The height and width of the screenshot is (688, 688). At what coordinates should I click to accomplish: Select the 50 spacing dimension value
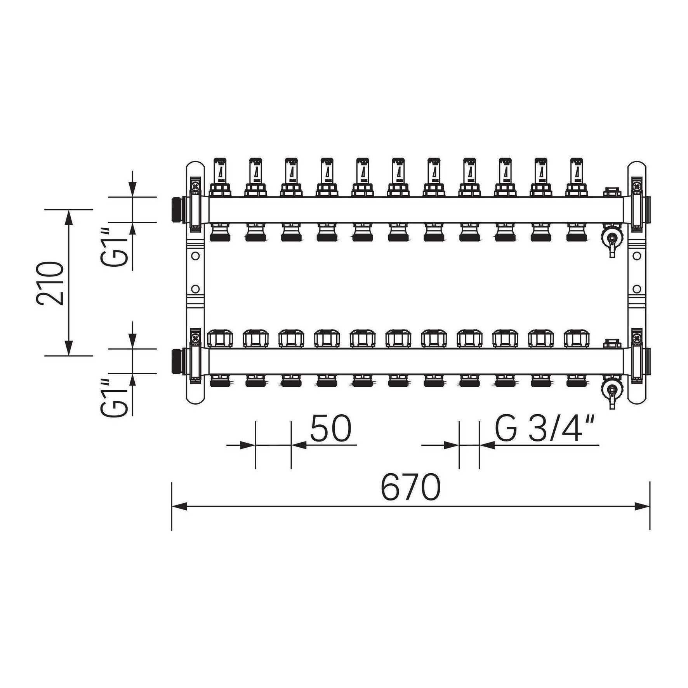coord(331,429)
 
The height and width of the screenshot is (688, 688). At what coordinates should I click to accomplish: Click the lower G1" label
coord(115,397)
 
